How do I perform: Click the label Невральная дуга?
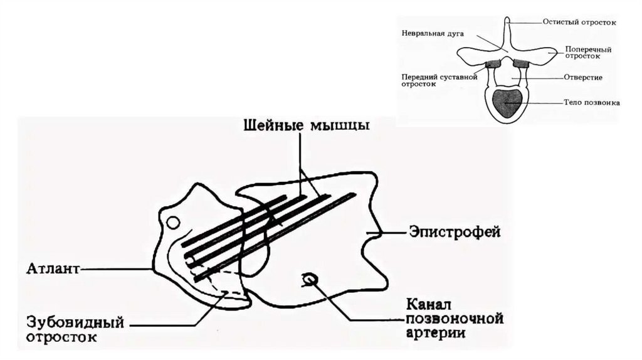pyautogui.click(x=428, y=33)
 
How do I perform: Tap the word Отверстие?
pyautogui.click(x=582, y=77)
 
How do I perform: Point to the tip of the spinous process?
pyautogui.click(x=507, y=21)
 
